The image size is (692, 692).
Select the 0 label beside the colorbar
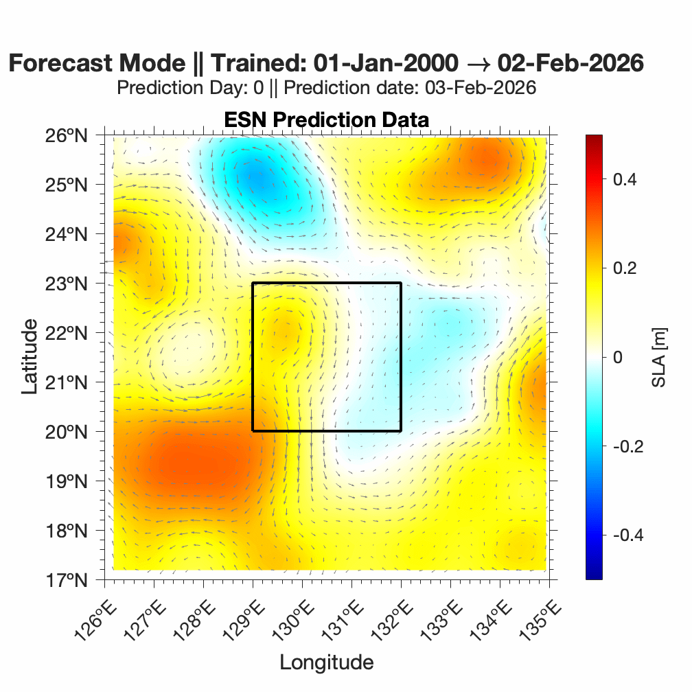tap(617, 357)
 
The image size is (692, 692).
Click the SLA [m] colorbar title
tap(660, 357)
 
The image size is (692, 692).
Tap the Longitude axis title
tap(326, 662)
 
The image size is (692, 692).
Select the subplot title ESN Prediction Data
tap(326, 119)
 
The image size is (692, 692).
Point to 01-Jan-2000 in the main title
tap(385, 63)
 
